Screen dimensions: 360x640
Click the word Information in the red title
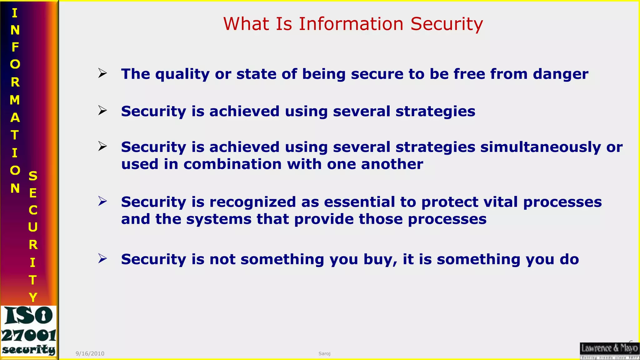click(351, 24)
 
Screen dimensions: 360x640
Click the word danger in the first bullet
click(561, 74)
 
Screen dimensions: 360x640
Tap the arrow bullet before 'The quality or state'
click(102, 73)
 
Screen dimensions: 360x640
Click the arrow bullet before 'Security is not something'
click(102, 258)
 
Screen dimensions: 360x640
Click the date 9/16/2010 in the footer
click(90, 353)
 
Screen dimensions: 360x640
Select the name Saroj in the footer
click(324, 353)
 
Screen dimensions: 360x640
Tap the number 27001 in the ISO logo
click(29, 336)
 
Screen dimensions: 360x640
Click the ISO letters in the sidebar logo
click(29, 316)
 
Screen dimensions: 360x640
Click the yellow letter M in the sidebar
click(15, 100)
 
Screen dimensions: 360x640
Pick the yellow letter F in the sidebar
click(15, 47)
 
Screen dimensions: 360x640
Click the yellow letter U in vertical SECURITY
click(33, 227)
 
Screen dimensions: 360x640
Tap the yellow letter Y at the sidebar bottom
click(33, 297)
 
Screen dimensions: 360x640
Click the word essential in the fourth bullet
click(359, 202)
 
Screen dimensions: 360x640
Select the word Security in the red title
click(447, 24)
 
